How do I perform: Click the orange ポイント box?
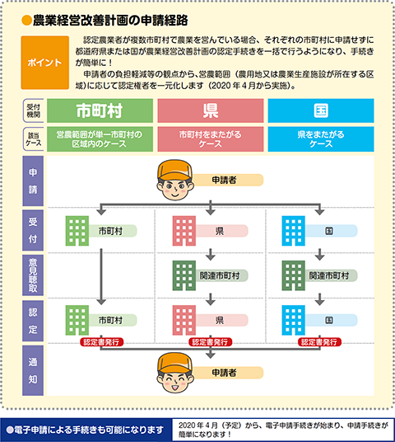pos(45,63)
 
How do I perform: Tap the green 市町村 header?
pos(100,110)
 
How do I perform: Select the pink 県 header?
pos(211,110)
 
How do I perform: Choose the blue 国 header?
pos(321,110)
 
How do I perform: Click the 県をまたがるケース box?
pos(321,139)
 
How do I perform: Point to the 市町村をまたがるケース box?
pos(211,139)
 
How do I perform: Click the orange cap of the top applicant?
pos(174,170)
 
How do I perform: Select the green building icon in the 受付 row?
pos(77,231)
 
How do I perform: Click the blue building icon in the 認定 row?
pos(294,320)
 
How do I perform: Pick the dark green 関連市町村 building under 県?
pos(184,275)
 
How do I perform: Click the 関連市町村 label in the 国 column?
pos(329,275)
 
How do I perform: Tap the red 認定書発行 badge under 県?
pos(210,342)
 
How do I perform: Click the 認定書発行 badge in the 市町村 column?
pos(101,342)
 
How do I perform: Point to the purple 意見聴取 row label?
pos(33,275)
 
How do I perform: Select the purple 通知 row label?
pos(33,370)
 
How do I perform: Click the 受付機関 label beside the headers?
pos(34,110)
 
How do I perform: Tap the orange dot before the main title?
pos(26,21)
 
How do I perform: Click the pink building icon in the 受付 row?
pos(184,231)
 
